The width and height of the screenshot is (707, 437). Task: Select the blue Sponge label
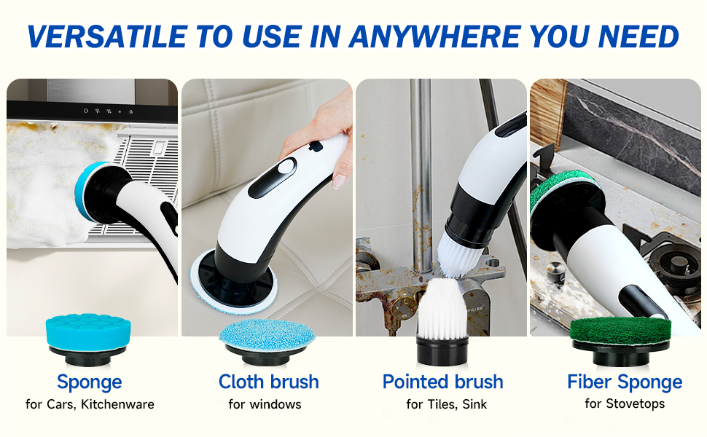click(89, 382)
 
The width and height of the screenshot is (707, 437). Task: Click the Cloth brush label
click(268, 382)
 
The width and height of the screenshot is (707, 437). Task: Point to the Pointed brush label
click(442, 382)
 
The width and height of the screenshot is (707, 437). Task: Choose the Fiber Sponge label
click(624, 382)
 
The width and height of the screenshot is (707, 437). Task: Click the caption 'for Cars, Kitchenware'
click(89, 404)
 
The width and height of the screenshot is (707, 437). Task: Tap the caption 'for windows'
click(264, 404)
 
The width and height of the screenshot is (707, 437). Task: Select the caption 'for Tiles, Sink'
click(445, 404)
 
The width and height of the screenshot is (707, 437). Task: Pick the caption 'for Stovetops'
click(624, 403)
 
